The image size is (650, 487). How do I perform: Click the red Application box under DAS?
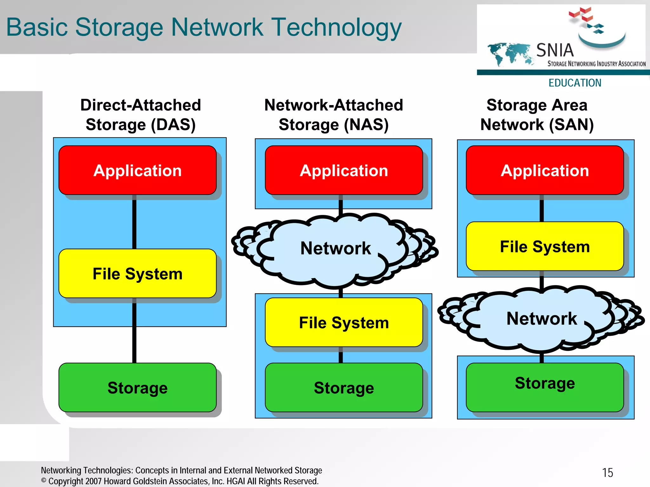tap(137, 170)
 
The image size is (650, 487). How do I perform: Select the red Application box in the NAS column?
tap(344, 170)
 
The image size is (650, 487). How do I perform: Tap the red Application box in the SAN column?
tap(545, 170)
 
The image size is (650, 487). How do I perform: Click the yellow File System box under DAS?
tap(137, 273)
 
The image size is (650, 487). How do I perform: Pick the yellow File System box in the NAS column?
tap(344, 322)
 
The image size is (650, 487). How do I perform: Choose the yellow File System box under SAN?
tap(545, 246)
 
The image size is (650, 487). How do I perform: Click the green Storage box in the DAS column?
tap(137, 387)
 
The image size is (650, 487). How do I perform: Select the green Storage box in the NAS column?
tap(344, 387)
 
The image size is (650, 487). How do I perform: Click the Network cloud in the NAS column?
tap(335, 248)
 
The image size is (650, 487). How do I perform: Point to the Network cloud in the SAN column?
tap(541, 318)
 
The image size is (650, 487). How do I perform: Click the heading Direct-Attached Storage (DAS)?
tap(141, 115)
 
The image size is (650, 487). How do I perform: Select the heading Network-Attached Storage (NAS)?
tap(334, 115)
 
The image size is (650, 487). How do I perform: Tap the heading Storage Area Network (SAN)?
tap(537, 115)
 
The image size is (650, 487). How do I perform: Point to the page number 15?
tap(607, 473)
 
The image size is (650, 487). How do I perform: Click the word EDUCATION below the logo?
tap(575, 83)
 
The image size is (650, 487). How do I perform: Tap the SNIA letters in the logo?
tap(555, 50)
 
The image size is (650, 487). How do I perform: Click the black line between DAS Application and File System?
tap(134, 222)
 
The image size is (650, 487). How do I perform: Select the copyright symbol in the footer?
tap(44, 480)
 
